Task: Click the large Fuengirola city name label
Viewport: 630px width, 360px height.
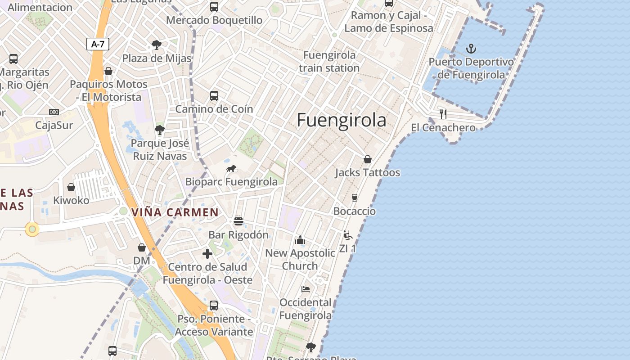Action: pos(342,121)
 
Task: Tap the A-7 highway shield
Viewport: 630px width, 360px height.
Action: pos(98,44)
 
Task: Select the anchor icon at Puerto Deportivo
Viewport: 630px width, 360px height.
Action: pos(471,48)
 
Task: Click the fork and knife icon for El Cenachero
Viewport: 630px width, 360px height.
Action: pos(443,114)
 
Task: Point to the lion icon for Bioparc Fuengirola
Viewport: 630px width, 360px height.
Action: pos(232,169)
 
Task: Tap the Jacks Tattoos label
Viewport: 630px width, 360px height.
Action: pos(367,173)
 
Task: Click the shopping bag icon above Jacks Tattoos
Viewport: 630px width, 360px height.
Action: pos(368,159)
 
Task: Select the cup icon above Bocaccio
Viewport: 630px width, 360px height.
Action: pos(355,198)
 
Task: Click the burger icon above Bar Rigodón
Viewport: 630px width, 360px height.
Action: pos(238,221)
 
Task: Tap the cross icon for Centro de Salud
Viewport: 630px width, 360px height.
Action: pos(207,254)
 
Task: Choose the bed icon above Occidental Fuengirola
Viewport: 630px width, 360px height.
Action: pos(306,289)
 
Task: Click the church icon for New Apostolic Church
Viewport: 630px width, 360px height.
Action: pos(300,240)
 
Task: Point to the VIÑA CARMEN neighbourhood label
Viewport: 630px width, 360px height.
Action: pos(175,212)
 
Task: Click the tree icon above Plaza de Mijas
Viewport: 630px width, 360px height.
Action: pos(157,45)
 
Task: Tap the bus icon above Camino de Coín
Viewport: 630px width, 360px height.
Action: pos(214,95)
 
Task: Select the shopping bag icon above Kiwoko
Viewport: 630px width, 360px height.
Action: pos(71,187)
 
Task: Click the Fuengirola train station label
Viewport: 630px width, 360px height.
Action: pos(329,62)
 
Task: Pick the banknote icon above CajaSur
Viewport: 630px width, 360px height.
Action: pos(54,112)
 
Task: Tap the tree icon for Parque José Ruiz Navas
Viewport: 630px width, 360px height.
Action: pos(159,130)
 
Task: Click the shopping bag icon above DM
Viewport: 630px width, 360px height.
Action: pos(142,247)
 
